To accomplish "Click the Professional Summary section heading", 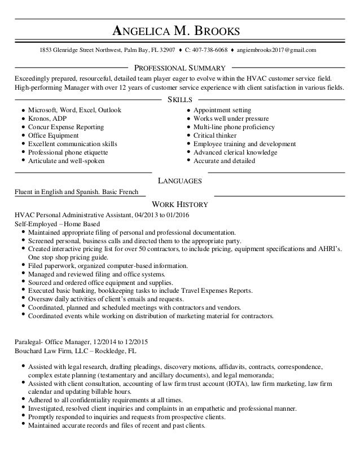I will pos(179,68).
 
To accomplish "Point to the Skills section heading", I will pos(180,99).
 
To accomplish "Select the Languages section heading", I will pos(180,181).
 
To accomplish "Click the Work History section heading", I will pos(180,204).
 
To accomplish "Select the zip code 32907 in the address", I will pos(165,50).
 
